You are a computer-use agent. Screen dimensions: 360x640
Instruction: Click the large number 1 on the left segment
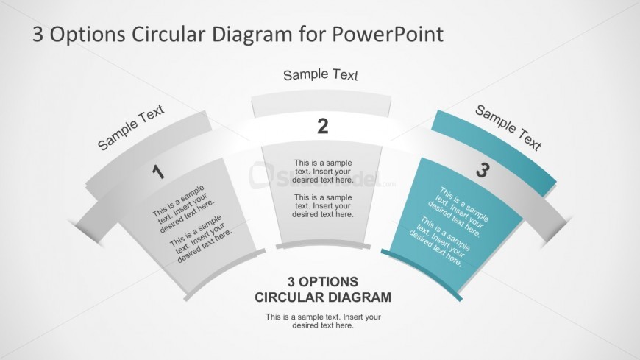click(x=157, y=173)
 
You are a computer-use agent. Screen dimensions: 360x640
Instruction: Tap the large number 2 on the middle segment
click(x=322, y=127)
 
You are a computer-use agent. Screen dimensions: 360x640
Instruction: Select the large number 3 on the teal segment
click(x=482, y=171)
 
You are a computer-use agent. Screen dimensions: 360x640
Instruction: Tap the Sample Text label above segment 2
click(x=321, y=74)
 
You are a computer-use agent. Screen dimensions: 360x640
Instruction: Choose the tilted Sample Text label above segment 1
click(x=131, y=127)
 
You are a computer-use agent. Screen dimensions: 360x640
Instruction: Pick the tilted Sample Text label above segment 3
click(x=508, y=127)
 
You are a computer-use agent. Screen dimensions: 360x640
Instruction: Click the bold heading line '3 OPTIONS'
click(x=322, y=281)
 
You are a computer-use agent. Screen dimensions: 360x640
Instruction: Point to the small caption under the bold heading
click(x=323, y=321)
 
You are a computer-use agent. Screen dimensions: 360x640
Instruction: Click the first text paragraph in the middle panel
click(x=323, y=171)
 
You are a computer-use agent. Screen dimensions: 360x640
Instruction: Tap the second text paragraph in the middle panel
click(x=323, y=205)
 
